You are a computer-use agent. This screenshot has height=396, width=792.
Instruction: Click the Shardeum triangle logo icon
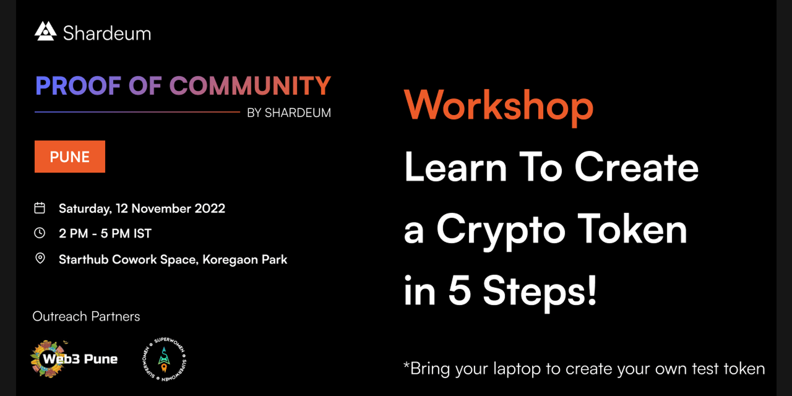[x=45, y=31]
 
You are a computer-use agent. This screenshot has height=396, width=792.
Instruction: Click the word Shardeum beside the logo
[x=107, y=33]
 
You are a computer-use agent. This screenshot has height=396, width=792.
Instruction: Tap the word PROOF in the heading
[x=78, y=86]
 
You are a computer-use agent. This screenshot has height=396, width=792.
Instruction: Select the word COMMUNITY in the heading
[x=250, y=86]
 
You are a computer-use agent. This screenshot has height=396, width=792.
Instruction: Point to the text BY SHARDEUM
[x=289, y=113]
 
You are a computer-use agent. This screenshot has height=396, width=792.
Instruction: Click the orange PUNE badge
[x=70, y=157]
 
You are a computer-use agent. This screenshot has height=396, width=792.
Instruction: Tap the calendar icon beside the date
[x=40, y=208]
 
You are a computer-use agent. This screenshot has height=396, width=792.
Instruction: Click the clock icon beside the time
[x=40, y=233]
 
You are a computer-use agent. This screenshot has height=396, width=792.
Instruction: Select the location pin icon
[x=40, y=259]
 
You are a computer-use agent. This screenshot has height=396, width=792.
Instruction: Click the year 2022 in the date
[x=210, y=208]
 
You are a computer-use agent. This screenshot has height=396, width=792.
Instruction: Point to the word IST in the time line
[x=142, y=233]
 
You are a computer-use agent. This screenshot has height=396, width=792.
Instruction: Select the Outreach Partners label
[x=86, y=316]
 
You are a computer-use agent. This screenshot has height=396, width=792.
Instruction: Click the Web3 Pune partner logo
[x=74, y=359]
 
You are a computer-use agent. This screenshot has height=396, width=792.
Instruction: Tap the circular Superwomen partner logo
[x=165, y=359]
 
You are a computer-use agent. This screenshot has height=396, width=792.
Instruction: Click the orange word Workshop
[x=499, y=107]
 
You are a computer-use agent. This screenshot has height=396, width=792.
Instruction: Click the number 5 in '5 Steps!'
[x=460, y=290]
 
